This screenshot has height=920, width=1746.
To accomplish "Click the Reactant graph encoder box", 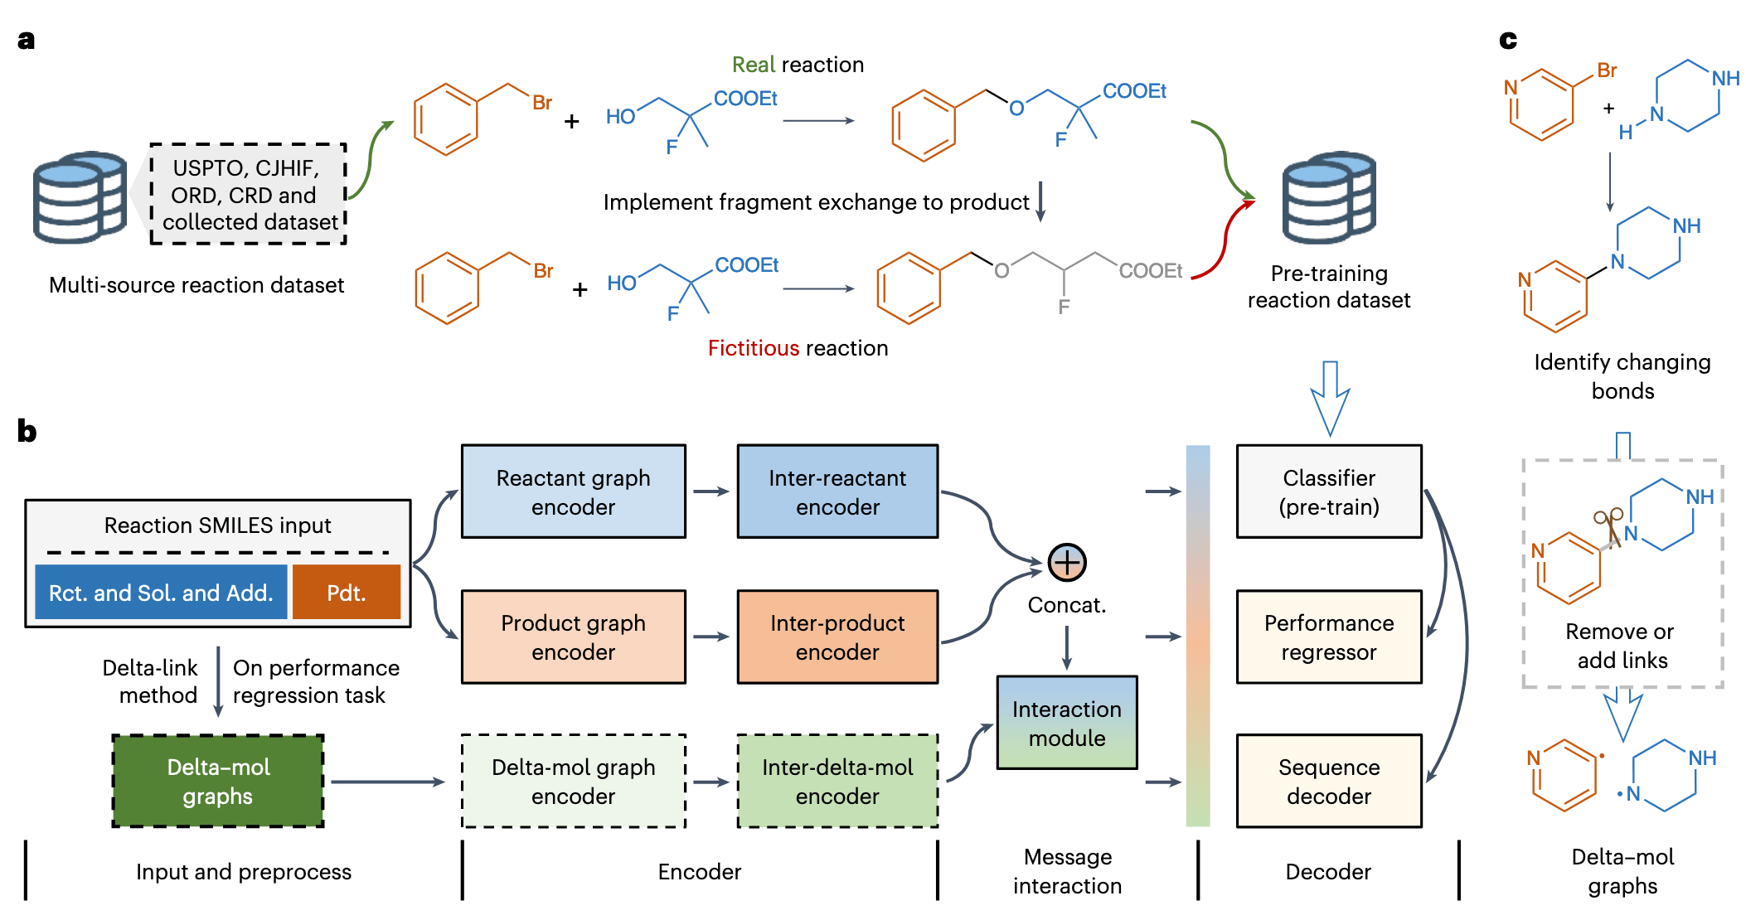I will pyautogui.click(x=573, y=491).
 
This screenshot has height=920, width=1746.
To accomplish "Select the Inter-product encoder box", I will pyautogui.click(x=837, y=637).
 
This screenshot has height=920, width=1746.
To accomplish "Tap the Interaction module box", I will pyautogui.click(x=1066, y=723).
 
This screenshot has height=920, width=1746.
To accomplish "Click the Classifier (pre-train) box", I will pyautogui.click(x=1328, y=491).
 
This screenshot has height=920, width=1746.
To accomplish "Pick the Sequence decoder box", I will pyautogui.click(x=1328, y=781).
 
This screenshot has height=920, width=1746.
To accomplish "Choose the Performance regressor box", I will pyautogui.click(x=1328, y=637).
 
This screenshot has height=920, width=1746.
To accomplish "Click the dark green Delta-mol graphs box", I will pyautogui.click(x=218, y=781).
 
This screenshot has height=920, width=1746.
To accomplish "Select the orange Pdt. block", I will pyautogui.click(x=346, y=593).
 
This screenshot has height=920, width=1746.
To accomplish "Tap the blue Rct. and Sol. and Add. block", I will pyautogui.click(x=161, y=593).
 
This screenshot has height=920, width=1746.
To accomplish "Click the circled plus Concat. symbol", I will pyautogui.click(x=1067, y=563).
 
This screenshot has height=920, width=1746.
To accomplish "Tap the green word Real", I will pyautogui.click(x=753, y=65).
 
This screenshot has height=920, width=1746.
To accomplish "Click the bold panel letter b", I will pyautogui.click(x=27, y=431).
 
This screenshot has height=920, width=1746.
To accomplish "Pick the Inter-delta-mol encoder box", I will pyautogui.click(x=837, y=781).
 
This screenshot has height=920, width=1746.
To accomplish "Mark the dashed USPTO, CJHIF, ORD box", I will pyautogui.click(x=248, y=195).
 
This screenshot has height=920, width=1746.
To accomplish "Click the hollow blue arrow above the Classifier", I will pyautogui.click(x=1330, y=398).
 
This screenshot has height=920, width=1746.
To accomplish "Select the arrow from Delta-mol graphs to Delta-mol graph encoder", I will pyautogui.click(x=387, y=782).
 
